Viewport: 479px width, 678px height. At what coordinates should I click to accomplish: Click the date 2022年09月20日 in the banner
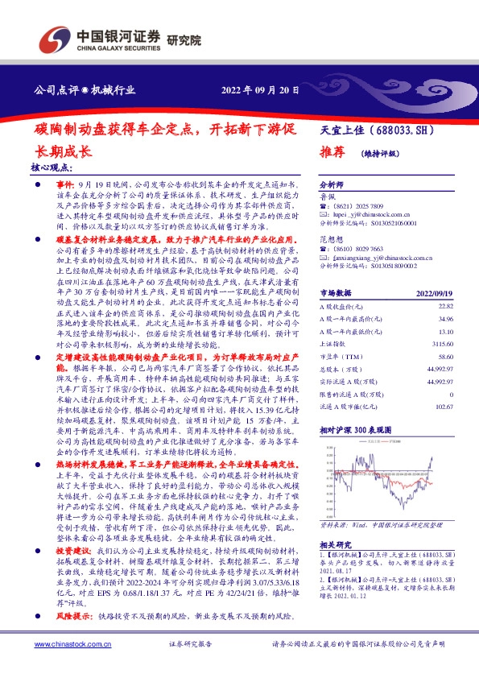click(x=262, y=89)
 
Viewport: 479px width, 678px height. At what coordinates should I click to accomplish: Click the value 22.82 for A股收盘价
click(x=444, y=307)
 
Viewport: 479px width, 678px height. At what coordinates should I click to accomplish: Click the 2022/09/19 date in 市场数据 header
click(x=436, y=294)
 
